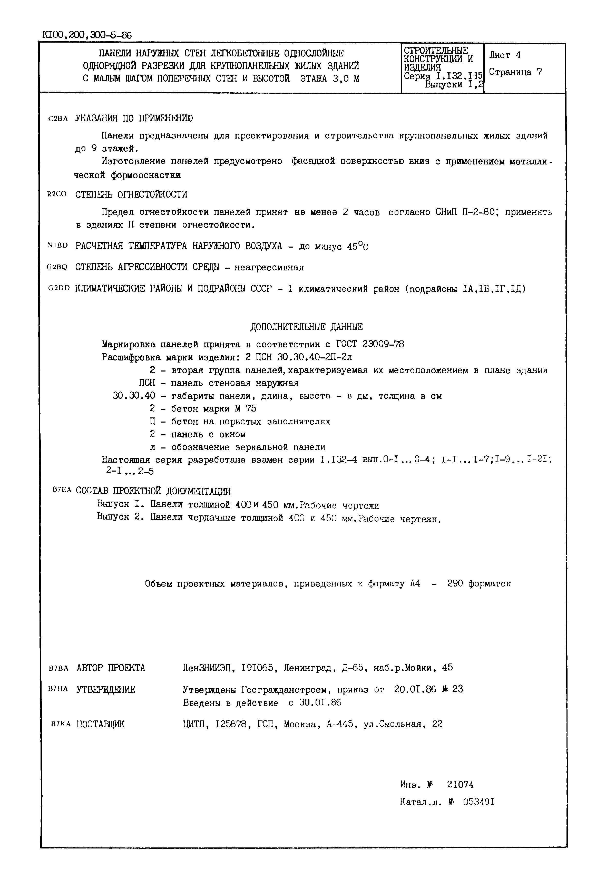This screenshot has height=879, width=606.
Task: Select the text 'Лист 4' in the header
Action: pyautogui.click(x=505, y=55)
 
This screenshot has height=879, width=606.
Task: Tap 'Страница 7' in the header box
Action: pyautogui.click(x=515, y=72)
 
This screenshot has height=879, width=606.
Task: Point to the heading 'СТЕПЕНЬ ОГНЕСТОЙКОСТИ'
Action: pyautogui.click(x=131, y=195)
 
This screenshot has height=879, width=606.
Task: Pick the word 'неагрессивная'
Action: pyautogui.click(x=269, y=268)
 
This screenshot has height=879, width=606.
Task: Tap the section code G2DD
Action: pyautogui.click(x=59, y=288)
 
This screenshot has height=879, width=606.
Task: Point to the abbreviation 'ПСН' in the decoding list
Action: pyautogui.click(x=147, y=383)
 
